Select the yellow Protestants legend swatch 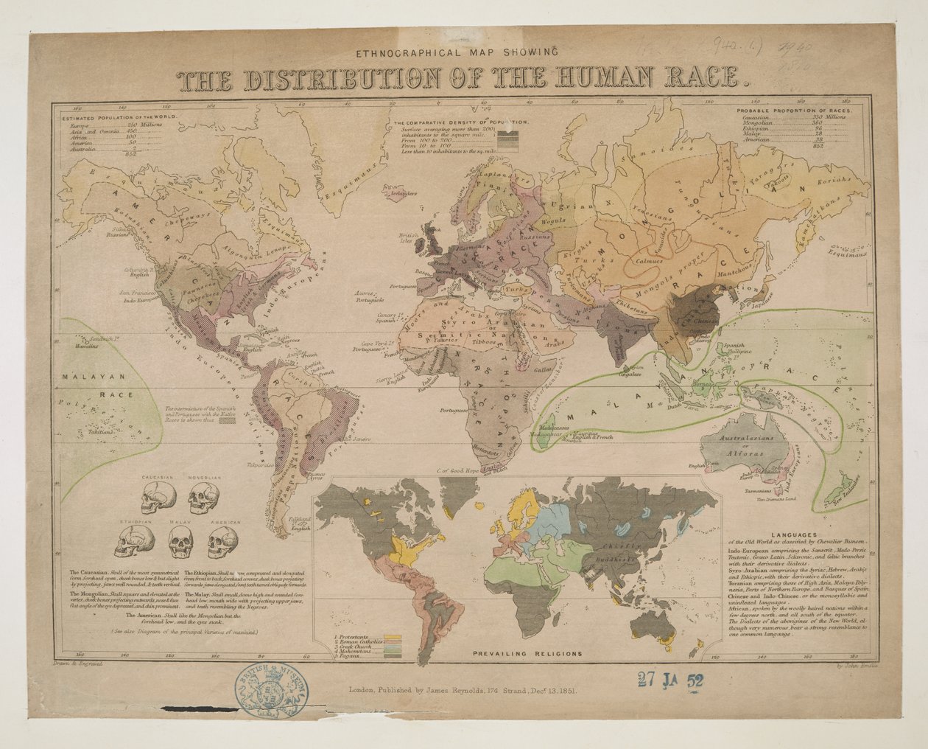392,635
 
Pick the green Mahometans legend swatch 392,649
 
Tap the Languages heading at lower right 795,534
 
